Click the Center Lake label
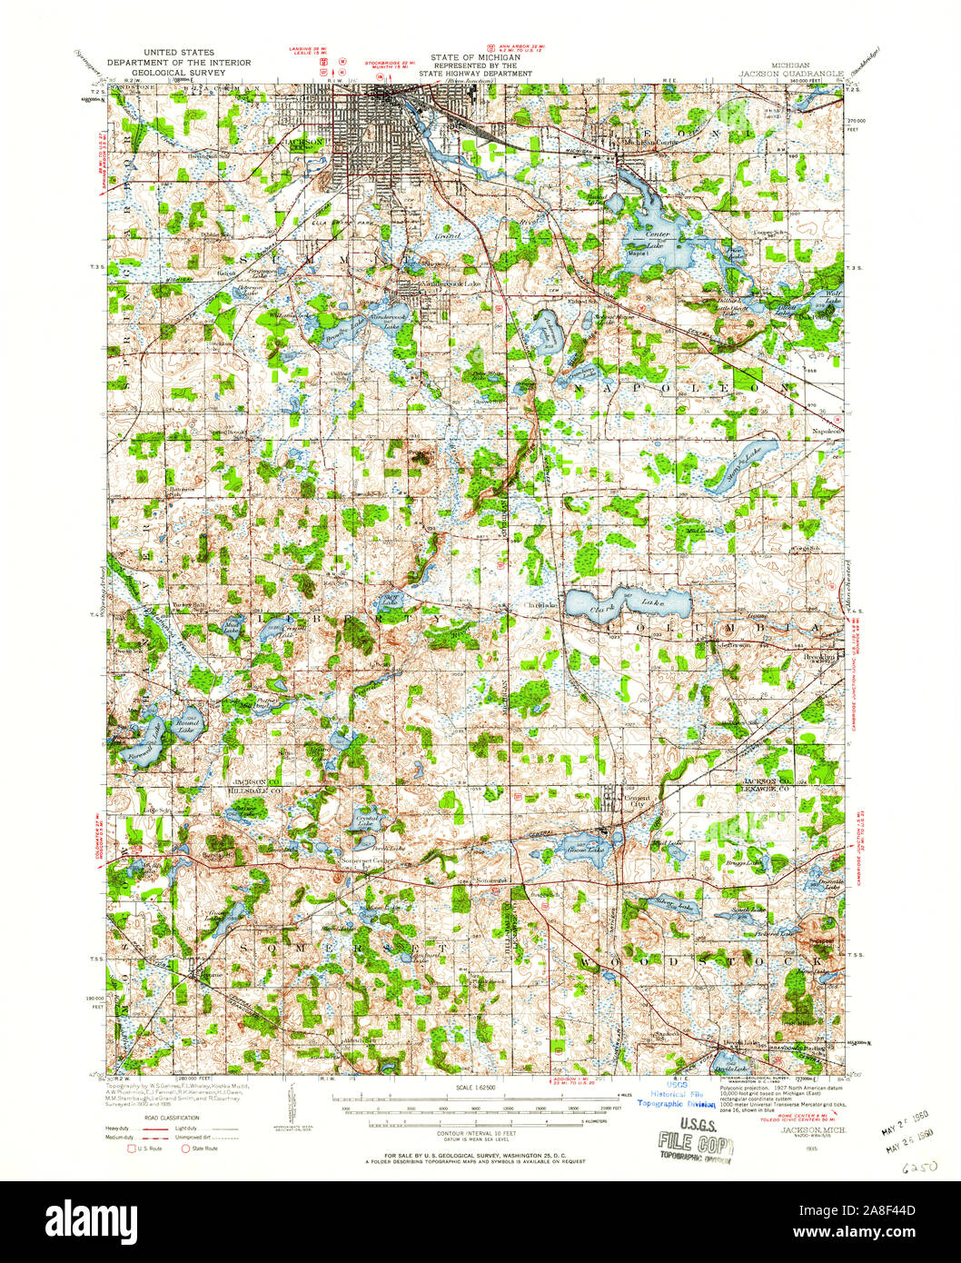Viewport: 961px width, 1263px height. [657, 234]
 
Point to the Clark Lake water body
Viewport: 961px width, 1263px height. [627, 602]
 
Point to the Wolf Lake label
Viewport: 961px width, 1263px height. [834, 295]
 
